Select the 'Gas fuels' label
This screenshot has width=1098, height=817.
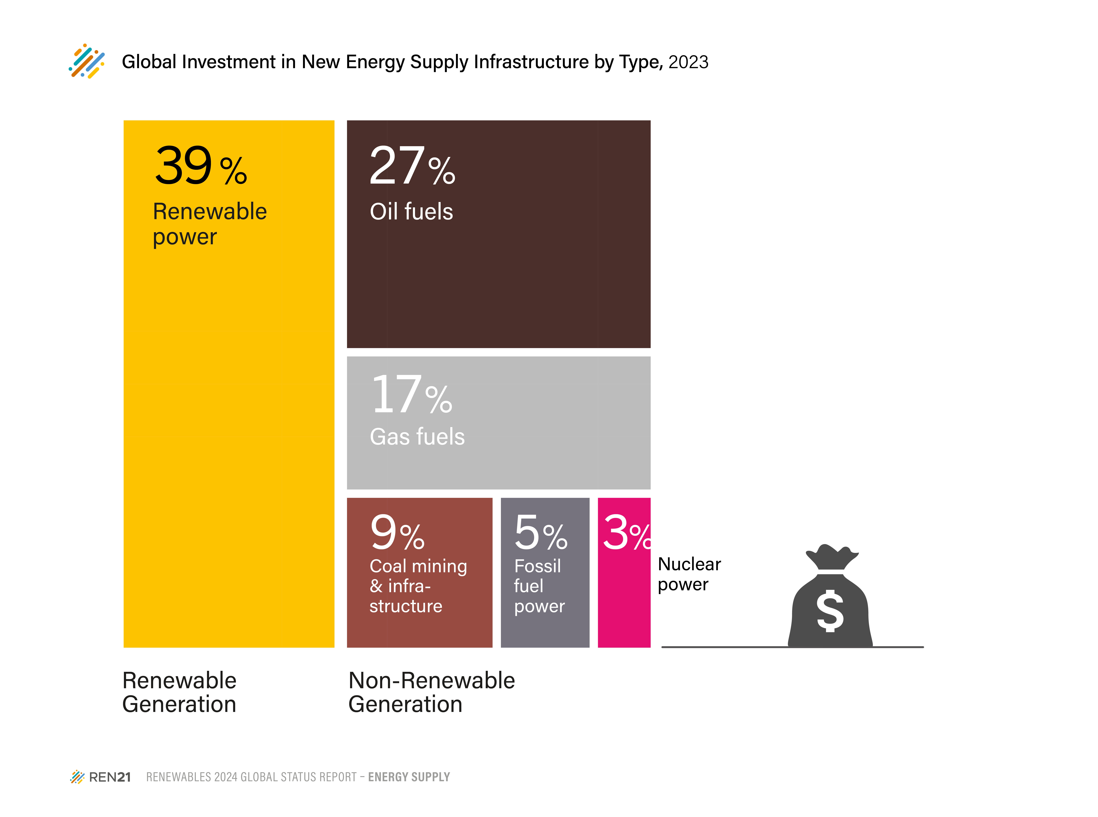417,437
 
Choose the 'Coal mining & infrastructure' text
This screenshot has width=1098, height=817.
418,586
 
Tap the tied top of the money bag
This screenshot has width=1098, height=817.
832,557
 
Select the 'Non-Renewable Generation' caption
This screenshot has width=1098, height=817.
432,692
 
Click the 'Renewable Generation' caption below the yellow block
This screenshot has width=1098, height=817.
179,692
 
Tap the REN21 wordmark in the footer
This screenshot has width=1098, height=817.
110,777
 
